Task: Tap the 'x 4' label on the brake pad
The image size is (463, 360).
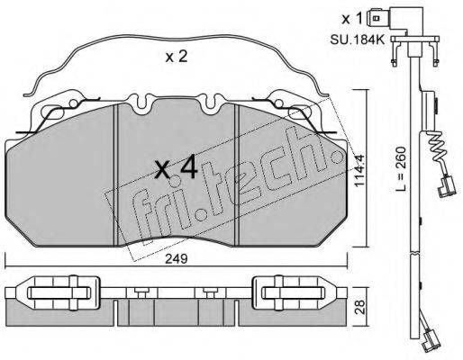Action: coord(177,167)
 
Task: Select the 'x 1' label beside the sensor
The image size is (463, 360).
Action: coord(352,17)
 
